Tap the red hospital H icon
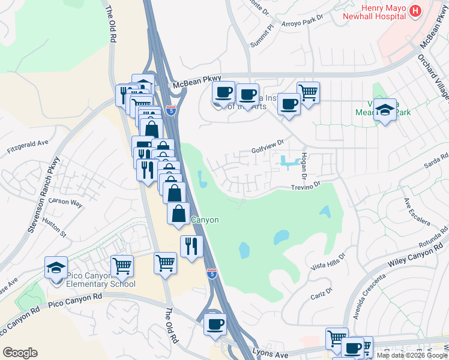pos(415,11)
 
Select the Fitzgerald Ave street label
pos(27,143)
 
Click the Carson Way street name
pos(65,203)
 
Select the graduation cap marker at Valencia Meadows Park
pos(385,110)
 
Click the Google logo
pos(20,352)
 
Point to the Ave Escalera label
pos(417,211)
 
